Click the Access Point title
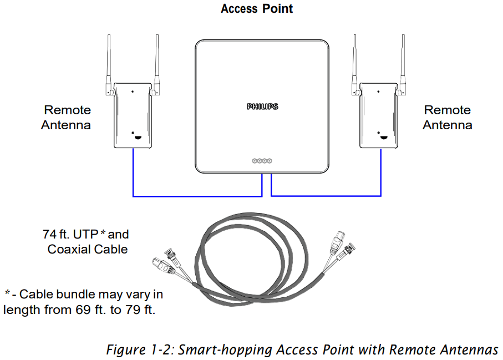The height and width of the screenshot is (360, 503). coord(256,9)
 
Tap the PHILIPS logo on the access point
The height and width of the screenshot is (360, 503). coord(262,107)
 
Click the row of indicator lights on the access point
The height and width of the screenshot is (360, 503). coord(262,161)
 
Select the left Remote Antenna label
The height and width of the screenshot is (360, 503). coord(67,118)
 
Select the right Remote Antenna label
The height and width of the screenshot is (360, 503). coord(447,118)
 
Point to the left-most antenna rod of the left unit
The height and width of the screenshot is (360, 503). coord(109,61)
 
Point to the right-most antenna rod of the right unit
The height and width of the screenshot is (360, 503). coord(402,61)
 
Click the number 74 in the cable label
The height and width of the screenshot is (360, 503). coord(49,235)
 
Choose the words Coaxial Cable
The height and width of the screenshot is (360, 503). coord(88,250)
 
